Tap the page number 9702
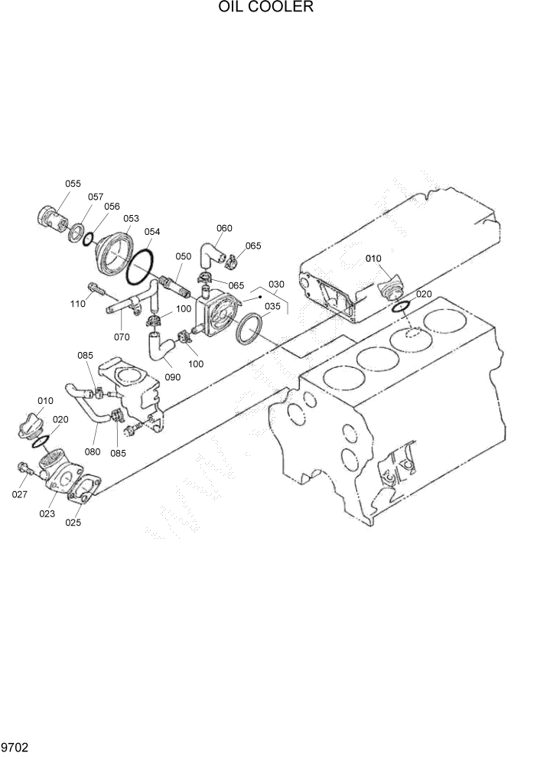coord(15,747)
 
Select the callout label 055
coord(73,184)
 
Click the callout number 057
coord(95,197)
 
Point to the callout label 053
coord(131,218)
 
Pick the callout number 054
coord(151,231)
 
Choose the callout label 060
coord(224,228)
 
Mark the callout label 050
coord(184,256)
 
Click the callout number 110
coord(77,304)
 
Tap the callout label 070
coord(122,336)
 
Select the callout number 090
coord(172,377)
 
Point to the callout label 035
coord(272,306)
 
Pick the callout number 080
coord(93,451)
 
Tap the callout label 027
coord(19,494)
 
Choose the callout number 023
coord(47,514)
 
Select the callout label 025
coord(73,523)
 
